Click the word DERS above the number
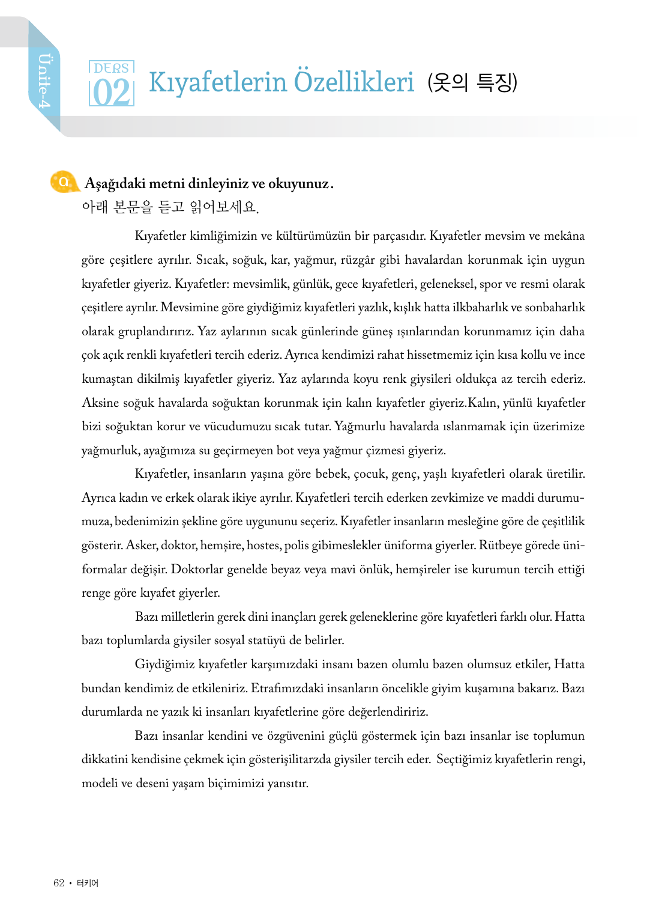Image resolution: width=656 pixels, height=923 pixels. point(112,68)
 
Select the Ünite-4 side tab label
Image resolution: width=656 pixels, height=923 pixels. point(44,81)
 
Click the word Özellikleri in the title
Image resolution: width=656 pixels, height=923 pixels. point(354,82)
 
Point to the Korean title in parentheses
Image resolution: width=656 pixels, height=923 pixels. point(472,82)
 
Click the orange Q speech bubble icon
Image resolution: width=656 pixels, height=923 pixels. point(64,182)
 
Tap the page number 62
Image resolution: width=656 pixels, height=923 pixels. point(59,883)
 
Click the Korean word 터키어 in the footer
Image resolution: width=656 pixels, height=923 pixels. point(88,883)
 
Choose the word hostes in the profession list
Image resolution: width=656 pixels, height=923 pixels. point(263,546)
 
